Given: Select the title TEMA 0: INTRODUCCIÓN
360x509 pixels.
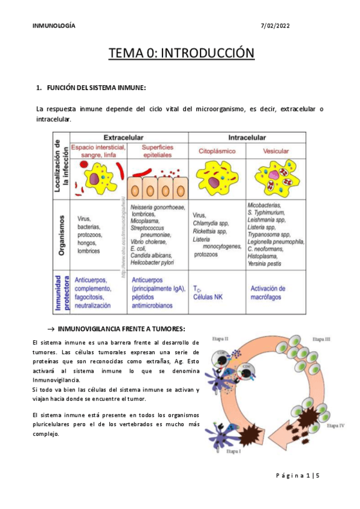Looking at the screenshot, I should click(181, 54).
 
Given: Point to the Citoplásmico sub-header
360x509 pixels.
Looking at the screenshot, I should click(217, 151).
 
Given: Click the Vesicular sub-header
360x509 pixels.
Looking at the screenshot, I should click(275, 151).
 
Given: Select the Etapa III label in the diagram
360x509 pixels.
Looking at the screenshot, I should click(322, 339).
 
